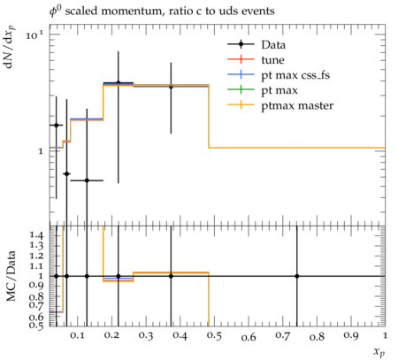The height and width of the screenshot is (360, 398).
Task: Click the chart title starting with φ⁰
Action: (x=162, y=11)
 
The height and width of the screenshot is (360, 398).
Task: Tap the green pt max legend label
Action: (x=279, y=90)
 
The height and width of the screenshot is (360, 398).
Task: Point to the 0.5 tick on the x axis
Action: (x=214, y=336)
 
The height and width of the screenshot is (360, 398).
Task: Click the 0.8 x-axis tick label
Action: (x=317, y=336)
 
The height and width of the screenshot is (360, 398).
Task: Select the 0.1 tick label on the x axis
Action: (x=77, y=336)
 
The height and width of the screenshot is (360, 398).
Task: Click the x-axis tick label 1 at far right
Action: (x=385, y=335)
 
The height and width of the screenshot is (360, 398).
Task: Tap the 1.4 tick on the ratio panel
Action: (x=36, y=235)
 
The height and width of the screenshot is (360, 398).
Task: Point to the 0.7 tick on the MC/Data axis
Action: (x=36, y=305)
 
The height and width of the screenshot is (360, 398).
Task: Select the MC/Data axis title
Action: (x=11, y=276)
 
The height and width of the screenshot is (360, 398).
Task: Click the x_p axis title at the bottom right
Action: (x=379, y=352)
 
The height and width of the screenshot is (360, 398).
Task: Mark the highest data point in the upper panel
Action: (x=119, y=83)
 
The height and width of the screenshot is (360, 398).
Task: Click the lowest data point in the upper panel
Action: (x=87, y=180)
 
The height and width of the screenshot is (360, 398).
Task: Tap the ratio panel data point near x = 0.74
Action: (x=297, y=276)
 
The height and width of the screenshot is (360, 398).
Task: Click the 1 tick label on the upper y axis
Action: (x=41, y=151)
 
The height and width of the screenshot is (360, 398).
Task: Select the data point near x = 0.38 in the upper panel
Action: (x=171, y=87)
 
